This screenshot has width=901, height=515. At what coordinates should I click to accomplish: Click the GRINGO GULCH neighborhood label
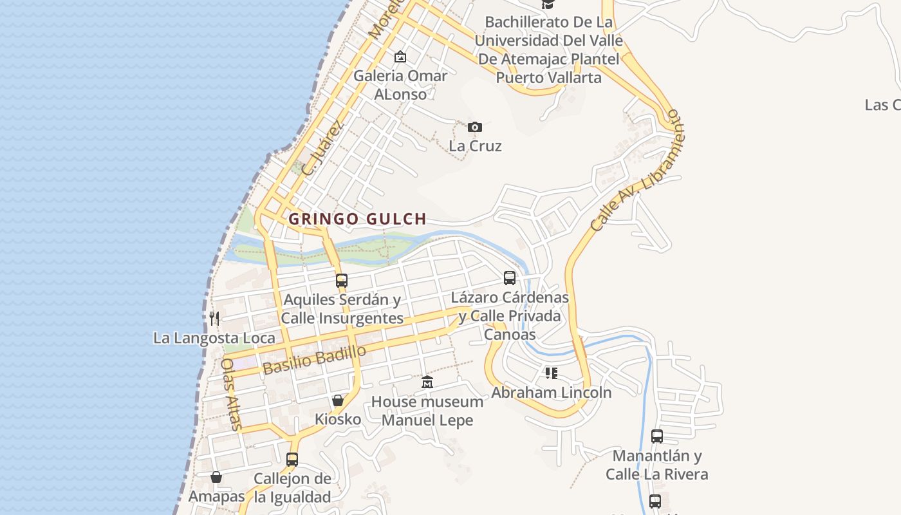pyautogui.click(x=357, y=219)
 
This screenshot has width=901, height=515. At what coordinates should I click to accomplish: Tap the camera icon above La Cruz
pyautogui.click(x=475, y=127)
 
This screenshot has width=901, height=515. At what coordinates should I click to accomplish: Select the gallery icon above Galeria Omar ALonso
pyautogui.click(x=400, y=57)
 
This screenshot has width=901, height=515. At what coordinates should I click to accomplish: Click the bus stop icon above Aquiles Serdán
pyautogui.click(x=342, y=280)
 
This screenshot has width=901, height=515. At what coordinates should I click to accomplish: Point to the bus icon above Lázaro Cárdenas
pyautogui.click(x=510, y=277)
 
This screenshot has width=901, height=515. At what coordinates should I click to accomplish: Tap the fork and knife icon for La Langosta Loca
pyautogui.click(x=214, y=318)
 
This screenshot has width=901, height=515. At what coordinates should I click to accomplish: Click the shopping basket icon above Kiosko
pyautogui.click(x=338, y=400)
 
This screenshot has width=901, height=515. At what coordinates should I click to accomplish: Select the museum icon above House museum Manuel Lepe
pyautogui.click(x=427, y=382)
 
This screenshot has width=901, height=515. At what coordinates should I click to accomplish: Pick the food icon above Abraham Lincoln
pyautogui.click(x=551, y=373)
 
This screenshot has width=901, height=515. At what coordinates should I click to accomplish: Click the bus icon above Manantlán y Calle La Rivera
pyautogui.click(x=656, y=436)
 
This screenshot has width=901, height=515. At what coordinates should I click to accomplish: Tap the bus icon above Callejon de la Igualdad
pyautogui.click(x=292, y=459)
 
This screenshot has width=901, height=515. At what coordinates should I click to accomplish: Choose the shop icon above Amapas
pyautogui.click(x=216, y=477)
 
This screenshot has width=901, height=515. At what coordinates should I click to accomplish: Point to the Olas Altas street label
pyautogui.click(x=231, y=394)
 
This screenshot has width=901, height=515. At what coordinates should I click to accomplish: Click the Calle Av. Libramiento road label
pyautogui.click(x=638, y=171)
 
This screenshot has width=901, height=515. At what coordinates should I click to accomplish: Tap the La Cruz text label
pyautogui.click(x=475, y=146)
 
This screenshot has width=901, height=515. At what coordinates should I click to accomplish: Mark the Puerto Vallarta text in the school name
pyautogui.click(x=548, y=78)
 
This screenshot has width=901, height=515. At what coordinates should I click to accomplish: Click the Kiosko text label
pyautogui.click(x=338, y=420)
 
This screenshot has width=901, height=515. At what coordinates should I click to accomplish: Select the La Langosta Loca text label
pyautogui.click(x=214, y=338)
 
